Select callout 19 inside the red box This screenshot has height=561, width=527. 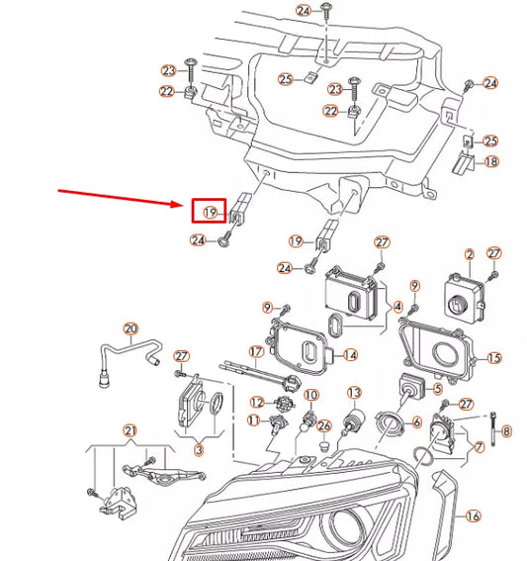click(211, 212)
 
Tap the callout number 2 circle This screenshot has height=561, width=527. click(470, 255)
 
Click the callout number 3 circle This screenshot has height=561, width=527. click(198, 450)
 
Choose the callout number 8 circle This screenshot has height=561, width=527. click(506, 431)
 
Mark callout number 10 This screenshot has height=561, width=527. click(310, 396)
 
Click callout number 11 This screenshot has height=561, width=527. click(253, 421)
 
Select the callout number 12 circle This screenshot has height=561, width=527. click(257, 402)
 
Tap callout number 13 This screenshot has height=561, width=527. click(353, 394)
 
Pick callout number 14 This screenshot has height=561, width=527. click(350, 354)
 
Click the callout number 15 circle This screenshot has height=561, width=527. click(494, 357)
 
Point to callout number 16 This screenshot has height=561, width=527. click(473, 515)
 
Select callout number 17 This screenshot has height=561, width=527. click(256, 351)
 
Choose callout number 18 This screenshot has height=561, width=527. click(491, 161)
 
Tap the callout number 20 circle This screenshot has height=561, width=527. click(131, 328)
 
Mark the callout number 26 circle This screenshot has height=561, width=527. click(321, 425)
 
